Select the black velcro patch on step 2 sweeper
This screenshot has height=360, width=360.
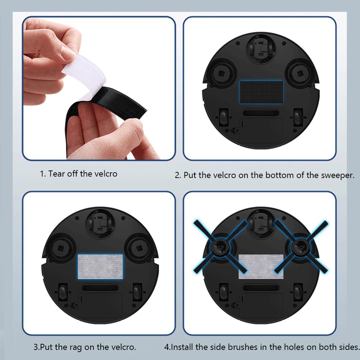click(261, 92)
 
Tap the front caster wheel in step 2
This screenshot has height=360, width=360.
click(261, 49)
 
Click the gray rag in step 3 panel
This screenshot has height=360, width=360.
click(100, 265)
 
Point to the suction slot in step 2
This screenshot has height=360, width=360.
click(261, 113)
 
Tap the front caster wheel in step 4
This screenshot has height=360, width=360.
click(261, 223)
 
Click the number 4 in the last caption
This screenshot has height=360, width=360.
click(167, 347)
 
